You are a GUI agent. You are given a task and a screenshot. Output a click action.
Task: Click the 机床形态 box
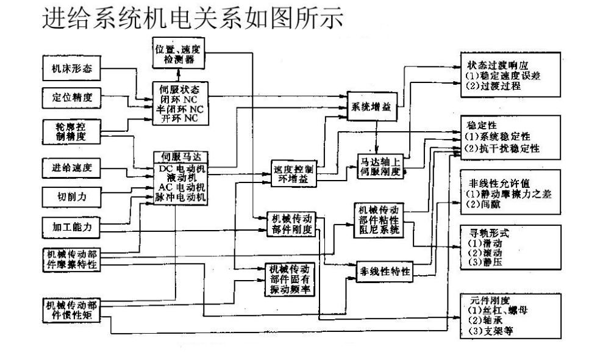coord(71,69)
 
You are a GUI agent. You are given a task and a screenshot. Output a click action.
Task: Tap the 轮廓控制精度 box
coord(71,132)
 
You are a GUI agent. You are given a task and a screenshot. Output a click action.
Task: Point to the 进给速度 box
coord(71,167)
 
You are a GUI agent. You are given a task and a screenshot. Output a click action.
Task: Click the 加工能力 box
coord(71,228)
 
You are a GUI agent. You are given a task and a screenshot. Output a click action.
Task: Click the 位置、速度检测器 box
coord(179,52)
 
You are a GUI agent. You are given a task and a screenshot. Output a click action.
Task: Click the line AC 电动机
coord(180,187)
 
